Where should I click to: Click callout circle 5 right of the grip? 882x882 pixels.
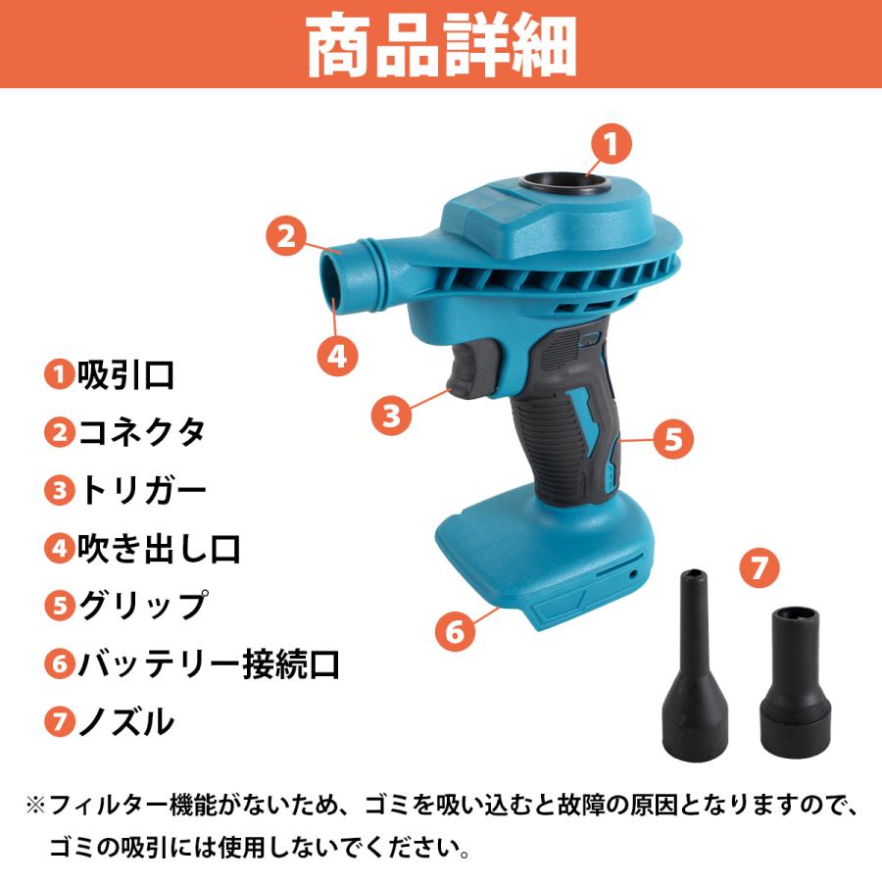pos(670,438)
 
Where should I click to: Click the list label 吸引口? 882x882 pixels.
pos(126,373)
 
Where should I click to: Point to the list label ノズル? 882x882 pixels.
pos(126,722)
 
